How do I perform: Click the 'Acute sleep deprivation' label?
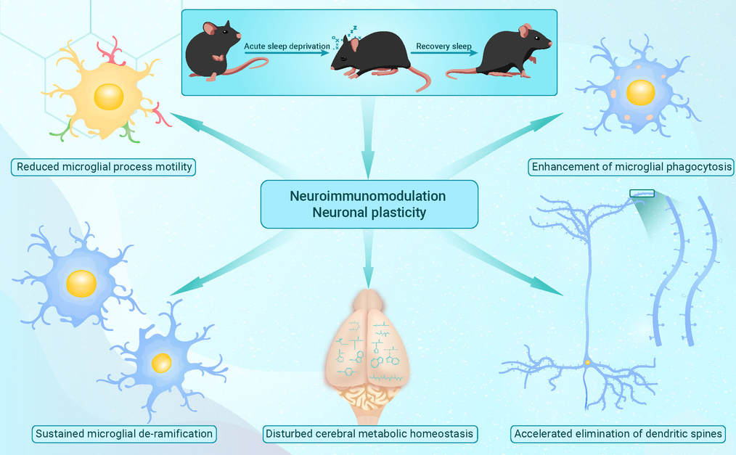(287, 46)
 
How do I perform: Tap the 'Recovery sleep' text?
(443, 46)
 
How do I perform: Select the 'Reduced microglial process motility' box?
(103, 167)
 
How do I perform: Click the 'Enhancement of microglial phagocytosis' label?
(631, 167)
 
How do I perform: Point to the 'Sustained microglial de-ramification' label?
(124, 434)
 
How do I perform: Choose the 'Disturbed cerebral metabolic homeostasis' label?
(369, 434)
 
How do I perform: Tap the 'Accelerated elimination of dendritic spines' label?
(618, 434)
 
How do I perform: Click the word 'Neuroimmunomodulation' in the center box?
(368, 196)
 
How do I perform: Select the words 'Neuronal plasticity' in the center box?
(369, 213)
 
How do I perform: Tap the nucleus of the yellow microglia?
(109, 97)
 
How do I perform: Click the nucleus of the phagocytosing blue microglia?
(641, 92)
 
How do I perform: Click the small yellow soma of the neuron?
(587, 362)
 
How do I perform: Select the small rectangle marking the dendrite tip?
(642, 193)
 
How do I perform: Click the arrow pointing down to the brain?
(369, 259)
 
